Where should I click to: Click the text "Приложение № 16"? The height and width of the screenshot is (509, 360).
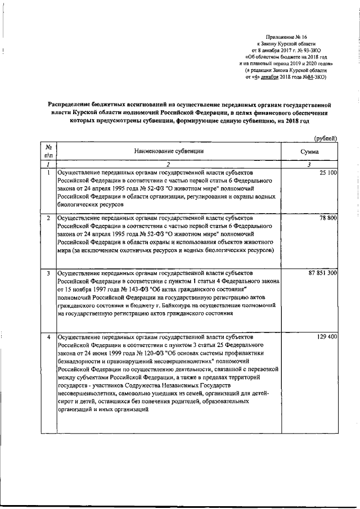click(286, 35)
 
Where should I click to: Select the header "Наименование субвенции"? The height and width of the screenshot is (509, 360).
click(168, 151)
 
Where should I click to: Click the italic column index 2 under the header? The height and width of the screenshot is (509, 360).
click(169, 164)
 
